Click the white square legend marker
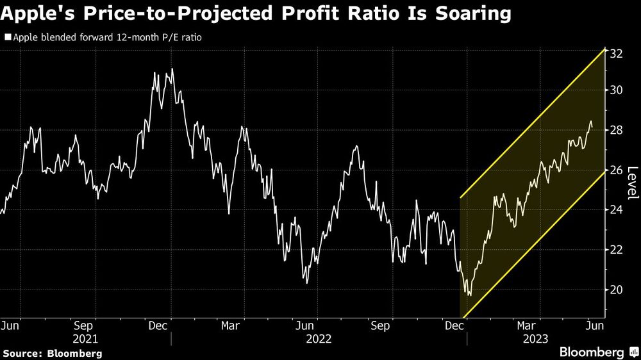7,37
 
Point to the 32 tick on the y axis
616,54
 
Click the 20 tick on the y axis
616,290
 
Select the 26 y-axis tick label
616,170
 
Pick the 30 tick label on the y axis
616,90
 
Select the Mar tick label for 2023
528,325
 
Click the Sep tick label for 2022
381,325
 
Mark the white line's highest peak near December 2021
171,69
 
